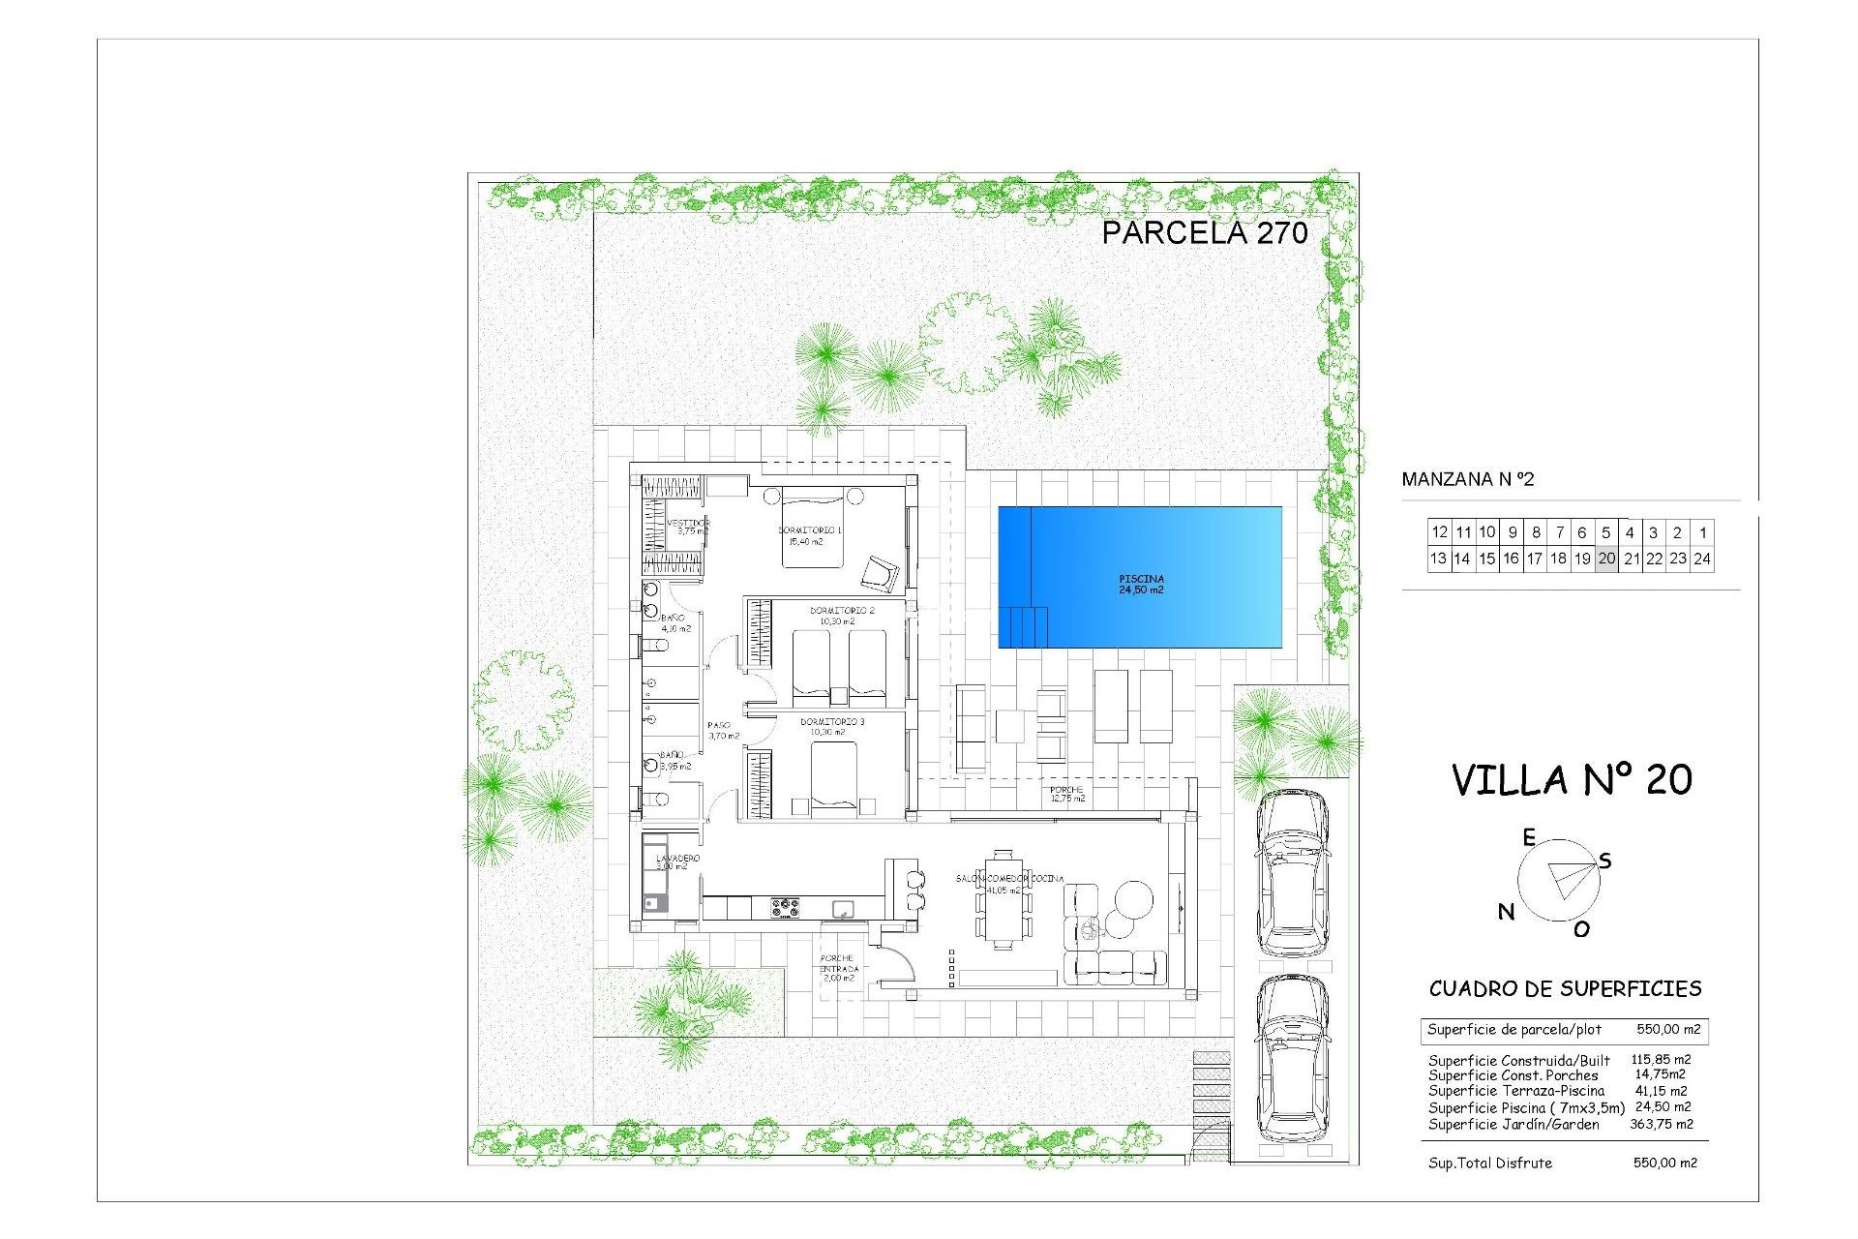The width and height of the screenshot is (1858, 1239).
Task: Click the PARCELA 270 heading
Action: coord(1205,232)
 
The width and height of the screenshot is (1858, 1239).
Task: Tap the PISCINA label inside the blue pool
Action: coord(1141,584)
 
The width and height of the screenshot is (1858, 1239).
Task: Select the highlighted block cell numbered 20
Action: coord(1606,559)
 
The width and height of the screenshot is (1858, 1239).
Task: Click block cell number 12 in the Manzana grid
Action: coord(1439,532)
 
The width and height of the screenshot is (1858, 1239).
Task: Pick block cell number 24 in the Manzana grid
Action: coord(1702,559)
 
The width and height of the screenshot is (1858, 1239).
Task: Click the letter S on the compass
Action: coord(1605,861)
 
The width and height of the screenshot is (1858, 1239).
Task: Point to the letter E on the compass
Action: coord(1529,837)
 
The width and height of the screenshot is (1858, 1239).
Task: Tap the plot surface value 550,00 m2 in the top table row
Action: coord(1668,1030)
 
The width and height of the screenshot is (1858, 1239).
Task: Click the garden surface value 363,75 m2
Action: coord(1662,1124)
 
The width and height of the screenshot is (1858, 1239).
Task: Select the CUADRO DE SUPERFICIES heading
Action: coord(1565,988)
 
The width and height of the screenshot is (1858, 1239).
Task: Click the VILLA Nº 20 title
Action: coord(1572,780)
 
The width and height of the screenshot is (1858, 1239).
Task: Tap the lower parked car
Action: coord(1291,1059)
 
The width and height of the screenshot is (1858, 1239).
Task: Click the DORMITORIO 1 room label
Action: coord(810,530)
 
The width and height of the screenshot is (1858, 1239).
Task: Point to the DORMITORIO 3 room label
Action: coord(832,722)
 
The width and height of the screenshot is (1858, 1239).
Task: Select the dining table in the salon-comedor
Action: coord(1004,901)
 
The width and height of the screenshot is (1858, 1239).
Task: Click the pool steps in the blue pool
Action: coord(1026,626)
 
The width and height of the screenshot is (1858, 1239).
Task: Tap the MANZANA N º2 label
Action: coord(1467,479)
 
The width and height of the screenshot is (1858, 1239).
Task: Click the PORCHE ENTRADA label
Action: coord(838,968)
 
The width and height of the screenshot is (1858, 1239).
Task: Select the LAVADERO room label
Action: coord(677,859)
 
